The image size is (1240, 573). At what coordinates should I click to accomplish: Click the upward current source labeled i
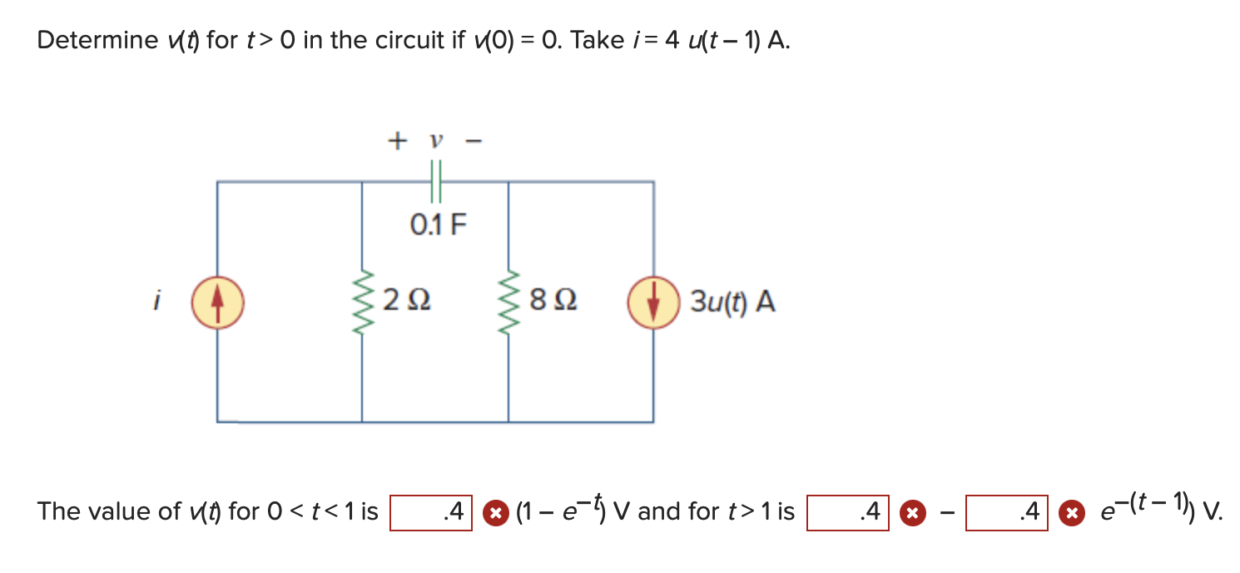point(217,301)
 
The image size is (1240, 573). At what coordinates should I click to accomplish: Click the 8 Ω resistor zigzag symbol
point(508,301)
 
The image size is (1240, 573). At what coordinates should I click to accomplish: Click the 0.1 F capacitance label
point(439,224)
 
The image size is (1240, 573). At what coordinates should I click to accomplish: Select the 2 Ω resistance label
point(407,301)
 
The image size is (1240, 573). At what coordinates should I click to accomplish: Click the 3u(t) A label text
point(732,302)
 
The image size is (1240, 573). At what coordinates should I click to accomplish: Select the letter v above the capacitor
point(434,142)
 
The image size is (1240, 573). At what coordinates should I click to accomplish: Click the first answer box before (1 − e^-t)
point(432,512)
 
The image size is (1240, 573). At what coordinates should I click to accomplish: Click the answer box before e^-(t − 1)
point(1006,512)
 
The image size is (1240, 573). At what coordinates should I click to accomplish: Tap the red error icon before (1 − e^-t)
point(495,512)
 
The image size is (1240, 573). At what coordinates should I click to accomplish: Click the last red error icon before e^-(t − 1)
point(1069,512)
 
